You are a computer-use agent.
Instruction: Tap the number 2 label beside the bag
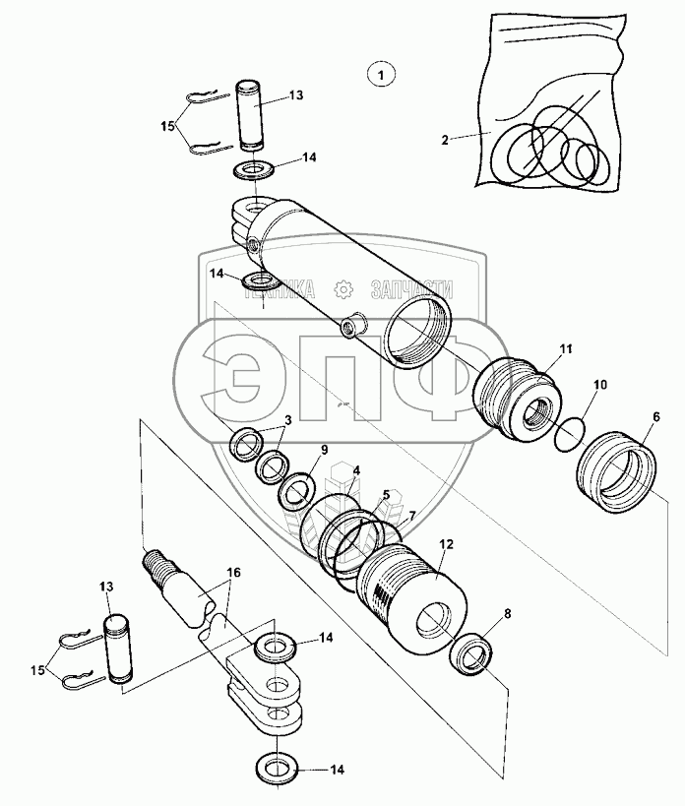(x=445, y=139)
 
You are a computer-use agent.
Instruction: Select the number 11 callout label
(x=566, y=349)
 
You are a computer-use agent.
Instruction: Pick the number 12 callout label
(x=446, y=544)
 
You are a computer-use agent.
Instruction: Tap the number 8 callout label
(x=507, y=614)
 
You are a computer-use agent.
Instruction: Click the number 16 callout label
(x=234, y=571)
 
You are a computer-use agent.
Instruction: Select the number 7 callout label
(x=411, y=517)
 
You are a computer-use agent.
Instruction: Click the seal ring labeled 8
(x=474, y=655)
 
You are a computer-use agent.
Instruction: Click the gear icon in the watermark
(x=342, y=288)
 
